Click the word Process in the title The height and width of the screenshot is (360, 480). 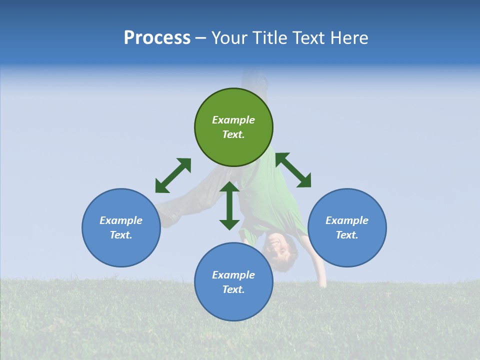(157, 38)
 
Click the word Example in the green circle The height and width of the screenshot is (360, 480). (233, 120)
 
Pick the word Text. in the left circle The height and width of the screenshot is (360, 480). (121, 235)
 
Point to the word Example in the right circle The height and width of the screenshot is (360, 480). (347, 220)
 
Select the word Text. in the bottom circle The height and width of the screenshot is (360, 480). (233, 289)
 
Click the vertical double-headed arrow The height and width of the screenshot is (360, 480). (229, 205)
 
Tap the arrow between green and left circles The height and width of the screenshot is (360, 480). (173, 175)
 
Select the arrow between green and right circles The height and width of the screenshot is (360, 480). (293, 170)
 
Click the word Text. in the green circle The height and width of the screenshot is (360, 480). (233, 134)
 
